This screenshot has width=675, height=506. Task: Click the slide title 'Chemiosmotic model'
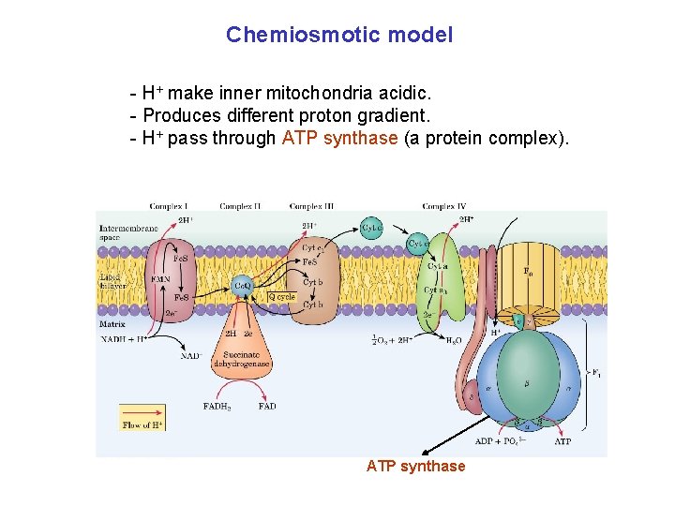point(338,36)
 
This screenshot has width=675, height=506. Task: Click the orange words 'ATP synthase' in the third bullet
point(339,139)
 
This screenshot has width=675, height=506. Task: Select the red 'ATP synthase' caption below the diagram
point(415,466)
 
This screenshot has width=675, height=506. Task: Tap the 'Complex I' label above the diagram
point(169,206)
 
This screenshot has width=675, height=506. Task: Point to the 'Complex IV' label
point(444,206)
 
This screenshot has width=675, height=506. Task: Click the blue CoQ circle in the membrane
point(242,285)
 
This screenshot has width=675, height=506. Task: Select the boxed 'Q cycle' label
point(282,297)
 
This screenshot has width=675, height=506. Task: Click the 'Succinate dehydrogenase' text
point(242,359)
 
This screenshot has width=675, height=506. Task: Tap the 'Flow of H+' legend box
point(142,418)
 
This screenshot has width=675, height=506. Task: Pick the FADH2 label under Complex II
point(217,407)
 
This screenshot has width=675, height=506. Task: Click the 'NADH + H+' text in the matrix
point(124,338)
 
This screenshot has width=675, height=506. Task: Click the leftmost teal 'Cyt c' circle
point(372,227)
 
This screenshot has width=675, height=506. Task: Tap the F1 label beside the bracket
point(595,372)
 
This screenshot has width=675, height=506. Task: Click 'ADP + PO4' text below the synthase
point(497,441)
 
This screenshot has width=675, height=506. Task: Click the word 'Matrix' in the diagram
point(112,324)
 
